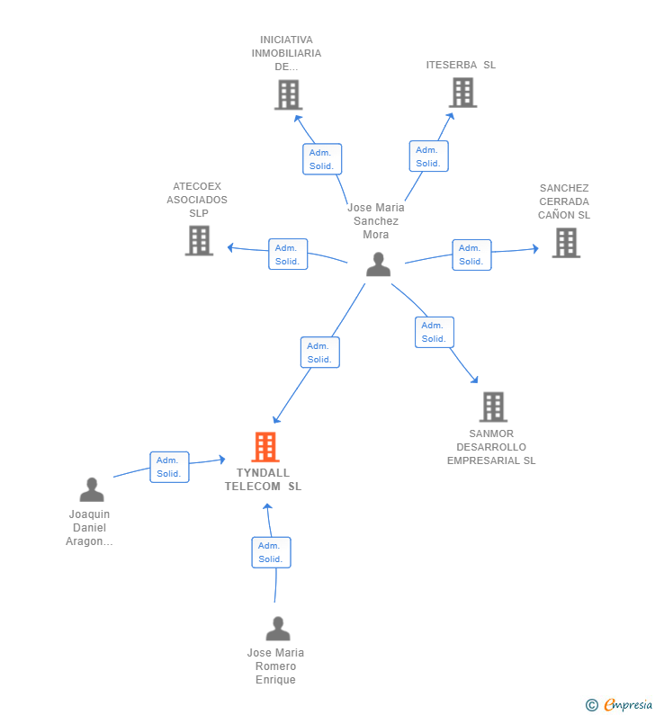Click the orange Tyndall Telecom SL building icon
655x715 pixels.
265,447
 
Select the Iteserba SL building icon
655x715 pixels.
462,92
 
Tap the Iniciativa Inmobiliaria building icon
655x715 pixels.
288,94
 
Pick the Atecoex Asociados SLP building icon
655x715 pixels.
199,240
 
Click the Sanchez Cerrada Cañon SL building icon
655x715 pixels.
565,242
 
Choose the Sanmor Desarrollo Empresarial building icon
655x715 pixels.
493,407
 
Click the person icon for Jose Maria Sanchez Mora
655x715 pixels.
378,264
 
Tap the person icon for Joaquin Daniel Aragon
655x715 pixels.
92,490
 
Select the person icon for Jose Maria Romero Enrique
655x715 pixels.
278,629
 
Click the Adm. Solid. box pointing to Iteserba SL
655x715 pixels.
428,156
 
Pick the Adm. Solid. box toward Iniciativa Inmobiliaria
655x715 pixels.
321,159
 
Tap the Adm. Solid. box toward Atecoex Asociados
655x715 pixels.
288,255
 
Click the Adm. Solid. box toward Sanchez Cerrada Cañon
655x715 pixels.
471,255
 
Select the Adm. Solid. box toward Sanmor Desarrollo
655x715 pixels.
434,332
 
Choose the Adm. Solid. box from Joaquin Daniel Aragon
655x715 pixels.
169,467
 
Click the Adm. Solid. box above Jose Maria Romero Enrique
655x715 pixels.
271,552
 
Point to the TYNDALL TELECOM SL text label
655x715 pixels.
264,479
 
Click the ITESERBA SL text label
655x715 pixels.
461,65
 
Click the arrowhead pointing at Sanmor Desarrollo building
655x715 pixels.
474,380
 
